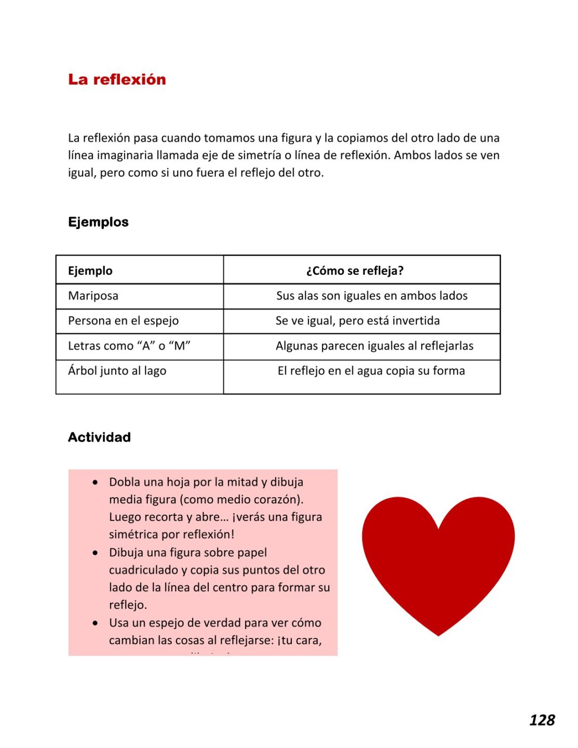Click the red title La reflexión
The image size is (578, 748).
tap(117, 79)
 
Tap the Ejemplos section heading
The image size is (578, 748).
tap(98, 222)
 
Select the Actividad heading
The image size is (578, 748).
tap(99, 437)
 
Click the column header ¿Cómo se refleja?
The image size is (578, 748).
tap(355, 271)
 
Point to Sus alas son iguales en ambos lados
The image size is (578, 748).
tap(372, 296)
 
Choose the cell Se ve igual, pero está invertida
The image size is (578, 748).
tap(358, 321)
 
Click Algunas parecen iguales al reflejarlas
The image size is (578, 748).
tap(374, 346)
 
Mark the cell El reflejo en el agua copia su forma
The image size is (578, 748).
tap(371, 371)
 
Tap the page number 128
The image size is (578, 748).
tap(542, 720)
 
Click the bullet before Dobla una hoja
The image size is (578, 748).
tap(95, 483)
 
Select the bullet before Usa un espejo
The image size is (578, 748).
tap(95, 623)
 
